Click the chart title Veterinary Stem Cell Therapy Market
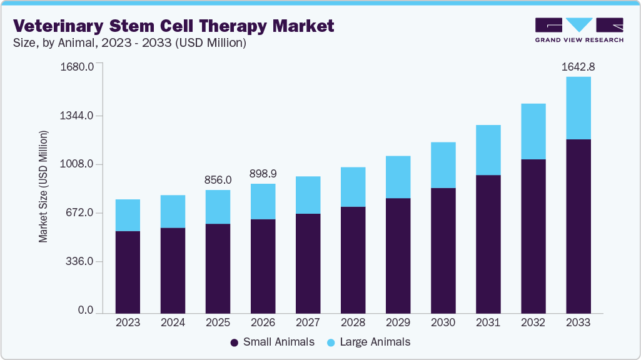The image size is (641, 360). pos(174,26)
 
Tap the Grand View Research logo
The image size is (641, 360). pos(578,29)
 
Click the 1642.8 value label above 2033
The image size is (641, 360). pos(578,67)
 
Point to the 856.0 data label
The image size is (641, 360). pos(218,179)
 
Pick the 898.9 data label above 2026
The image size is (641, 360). pos(263,173)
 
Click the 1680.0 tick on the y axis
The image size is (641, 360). pos(77,67)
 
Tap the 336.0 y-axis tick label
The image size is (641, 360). pos(78,262)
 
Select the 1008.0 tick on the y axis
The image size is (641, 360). pos(77,164)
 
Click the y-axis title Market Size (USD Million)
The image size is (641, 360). pos(43,186)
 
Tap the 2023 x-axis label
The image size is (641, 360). pos(128,323)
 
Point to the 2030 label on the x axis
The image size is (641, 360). pos(443,323)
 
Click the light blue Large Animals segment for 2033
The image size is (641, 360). pos(578,107)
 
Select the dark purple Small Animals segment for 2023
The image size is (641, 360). pos(128,272)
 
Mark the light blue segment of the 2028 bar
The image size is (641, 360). pos(353,186)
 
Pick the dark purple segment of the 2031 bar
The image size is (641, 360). pos(488,244)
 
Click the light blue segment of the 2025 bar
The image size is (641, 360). pos(218,207)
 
